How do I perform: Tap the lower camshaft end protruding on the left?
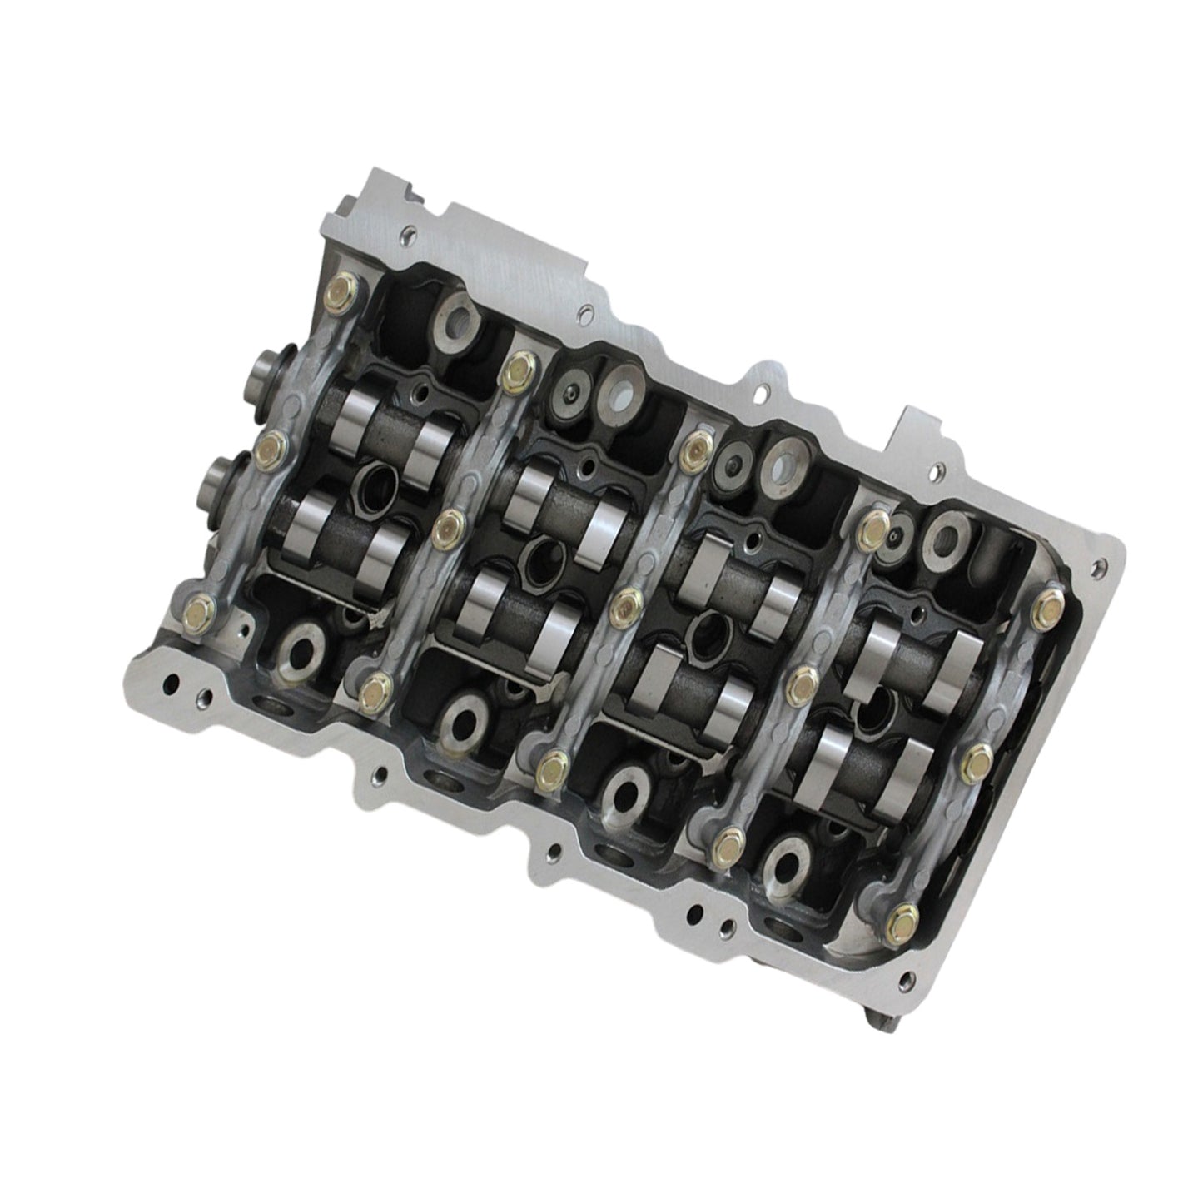pos(217,482)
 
